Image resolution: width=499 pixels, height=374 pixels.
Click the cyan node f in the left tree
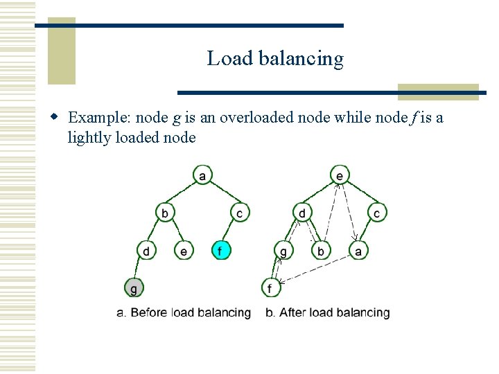click(x=220, y=250)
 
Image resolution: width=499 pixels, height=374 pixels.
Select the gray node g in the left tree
click(x=133, y=286)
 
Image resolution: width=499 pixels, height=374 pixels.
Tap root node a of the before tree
click(x=202, y=175)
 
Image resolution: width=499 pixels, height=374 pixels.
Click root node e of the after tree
click(x=339, y=175)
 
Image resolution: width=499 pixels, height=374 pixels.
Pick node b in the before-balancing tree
click(x=164, y=212)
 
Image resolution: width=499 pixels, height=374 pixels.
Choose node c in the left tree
click(x=239, y=212)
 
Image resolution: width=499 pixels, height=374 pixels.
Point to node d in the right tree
click(x=302, y=212)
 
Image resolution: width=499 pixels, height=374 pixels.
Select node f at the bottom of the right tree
click(x=270, y=286)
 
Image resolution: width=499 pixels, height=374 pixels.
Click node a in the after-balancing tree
click(x=358, y=250)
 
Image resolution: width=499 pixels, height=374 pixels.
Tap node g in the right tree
click(x=283, y=250)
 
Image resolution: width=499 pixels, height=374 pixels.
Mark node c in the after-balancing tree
click(x=376, y=212)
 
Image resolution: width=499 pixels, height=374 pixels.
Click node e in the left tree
click(x=183, y=250)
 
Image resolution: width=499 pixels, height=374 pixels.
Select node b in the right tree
click(x=320, y=250)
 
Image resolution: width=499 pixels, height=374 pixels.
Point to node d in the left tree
click(x=146, y=250)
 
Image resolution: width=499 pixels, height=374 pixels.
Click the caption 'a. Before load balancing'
click(x=184, y=313)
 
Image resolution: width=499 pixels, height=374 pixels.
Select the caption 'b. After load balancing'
click(x=328, y=313)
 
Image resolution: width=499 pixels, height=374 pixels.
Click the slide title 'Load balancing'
click(x=274, y=59)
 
